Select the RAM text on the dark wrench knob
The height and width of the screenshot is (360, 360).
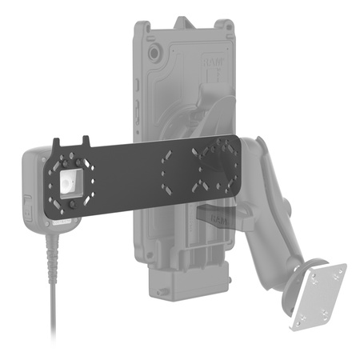pyautogui.click(x=218, y=215)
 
